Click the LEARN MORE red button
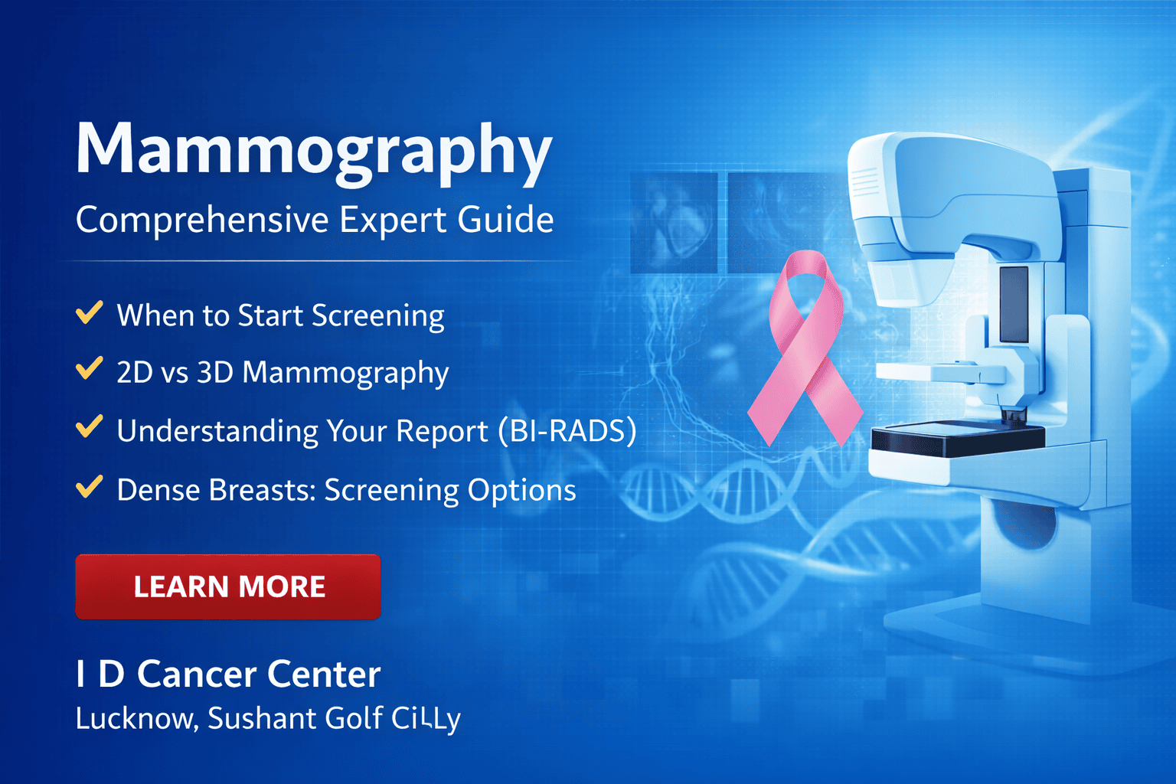click(x=228, y=586)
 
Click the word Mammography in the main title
click(x=314, y=150)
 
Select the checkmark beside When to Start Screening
click(x=90, y=313)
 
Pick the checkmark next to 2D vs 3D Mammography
click(x=90, y=370)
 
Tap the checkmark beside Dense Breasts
click(x=90, y=487)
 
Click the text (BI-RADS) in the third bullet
click(x=567, y=431)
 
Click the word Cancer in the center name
click(x=196, y=675)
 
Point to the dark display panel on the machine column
click(x=1014, y=304)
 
